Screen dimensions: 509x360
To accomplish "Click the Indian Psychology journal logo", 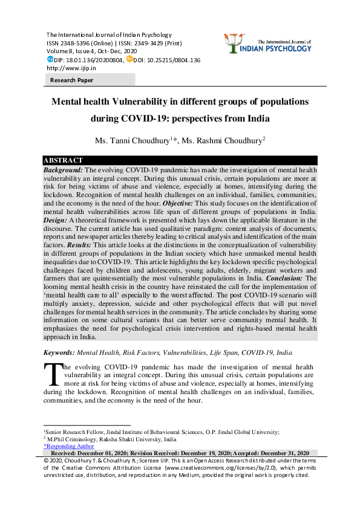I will [x=270, y=43].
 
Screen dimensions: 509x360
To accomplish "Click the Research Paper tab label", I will [x=71, y=79].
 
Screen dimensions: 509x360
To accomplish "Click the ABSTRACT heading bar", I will [x=63, y=160].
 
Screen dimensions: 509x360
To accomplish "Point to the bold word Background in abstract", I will [x=63, y=171].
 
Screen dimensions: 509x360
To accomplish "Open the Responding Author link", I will [x=68, y=446].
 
